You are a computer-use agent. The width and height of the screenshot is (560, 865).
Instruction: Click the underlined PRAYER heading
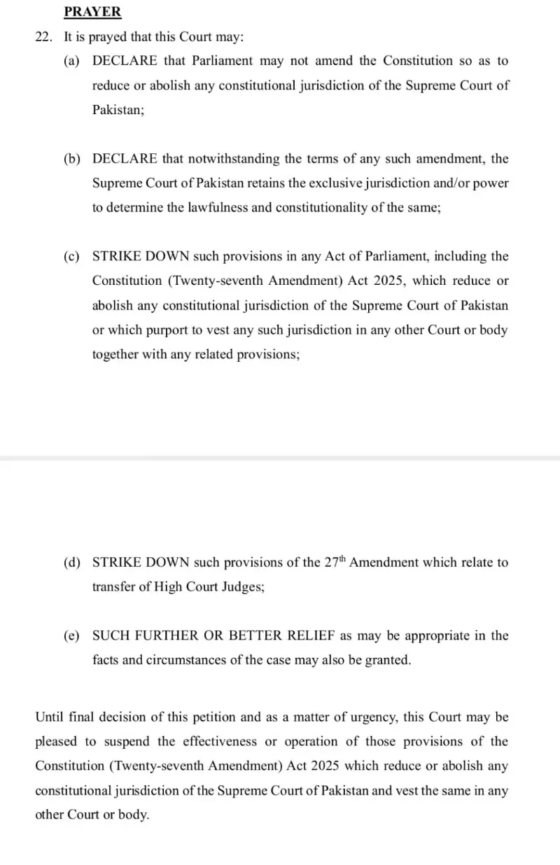pyautogui.click(x=92, y=12)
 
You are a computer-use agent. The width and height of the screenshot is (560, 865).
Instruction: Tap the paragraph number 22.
pyautogui.click(x=43, y=37)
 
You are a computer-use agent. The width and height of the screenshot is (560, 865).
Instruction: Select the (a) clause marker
pyautogui.click(x=71, y=61)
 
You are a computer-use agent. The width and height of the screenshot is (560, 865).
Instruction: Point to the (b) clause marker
pyautogui.click(x=71, y=159)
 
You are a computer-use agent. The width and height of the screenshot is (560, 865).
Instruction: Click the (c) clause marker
pyautogui.click(x=71, y=257)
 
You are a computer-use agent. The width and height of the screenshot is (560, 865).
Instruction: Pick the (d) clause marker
pyautogui.click(x=71, y=563)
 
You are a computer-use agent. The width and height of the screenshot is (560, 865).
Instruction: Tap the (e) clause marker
pyautogui.click(x=71, y=636)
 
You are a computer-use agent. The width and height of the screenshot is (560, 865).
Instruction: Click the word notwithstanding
pyautogui.click(x=237, y=159)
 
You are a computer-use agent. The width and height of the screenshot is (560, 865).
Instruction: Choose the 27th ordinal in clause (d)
pyautogui.click(x=335, y=562)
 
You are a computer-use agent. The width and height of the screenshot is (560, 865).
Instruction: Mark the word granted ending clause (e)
pyautogui.click(x=388, y=661)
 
